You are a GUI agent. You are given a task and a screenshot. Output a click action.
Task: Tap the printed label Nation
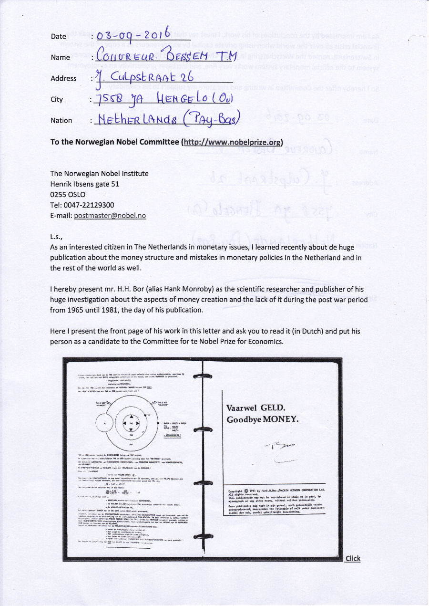[61, 121]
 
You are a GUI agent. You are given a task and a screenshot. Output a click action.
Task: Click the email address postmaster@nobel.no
[110, 215]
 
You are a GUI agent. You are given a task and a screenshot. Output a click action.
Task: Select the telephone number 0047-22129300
[90, 205]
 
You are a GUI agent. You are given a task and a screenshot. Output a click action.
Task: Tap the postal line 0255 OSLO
[68, 195]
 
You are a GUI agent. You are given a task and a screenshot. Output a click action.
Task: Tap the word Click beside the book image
[353, 558]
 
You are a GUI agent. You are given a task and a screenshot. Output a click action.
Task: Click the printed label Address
[63, 78]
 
